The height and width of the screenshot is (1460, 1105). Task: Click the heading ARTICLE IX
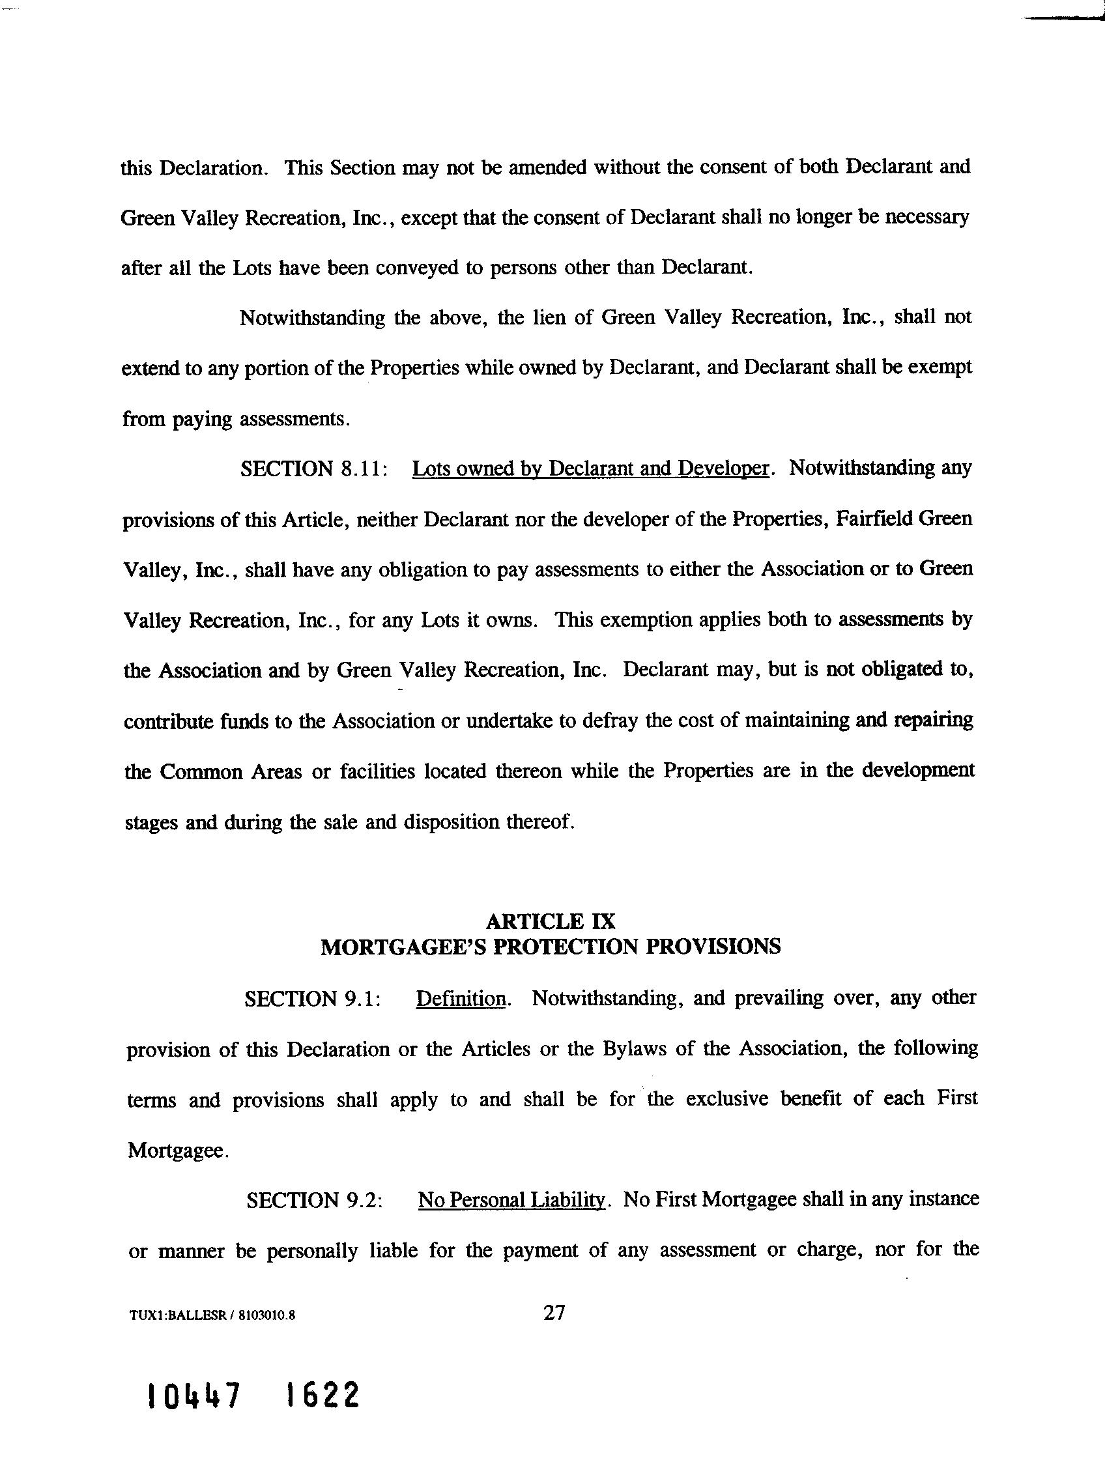tap(551, 921)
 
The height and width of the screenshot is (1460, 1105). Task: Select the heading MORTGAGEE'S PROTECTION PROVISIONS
tap(551, 947)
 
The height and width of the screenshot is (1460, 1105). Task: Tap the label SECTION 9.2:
tap(315, 1199)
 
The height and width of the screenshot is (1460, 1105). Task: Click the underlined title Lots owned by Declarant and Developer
tap(590, 468)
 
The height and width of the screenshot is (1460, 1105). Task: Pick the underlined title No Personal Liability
tap(511, 1199)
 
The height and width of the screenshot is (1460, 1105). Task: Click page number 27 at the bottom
tap(554, 1313)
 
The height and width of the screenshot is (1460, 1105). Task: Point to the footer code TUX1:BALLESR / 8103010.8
tap(212, 1315)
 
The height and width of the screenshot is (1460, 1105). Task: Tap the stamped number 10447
tap(194, 1396)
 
